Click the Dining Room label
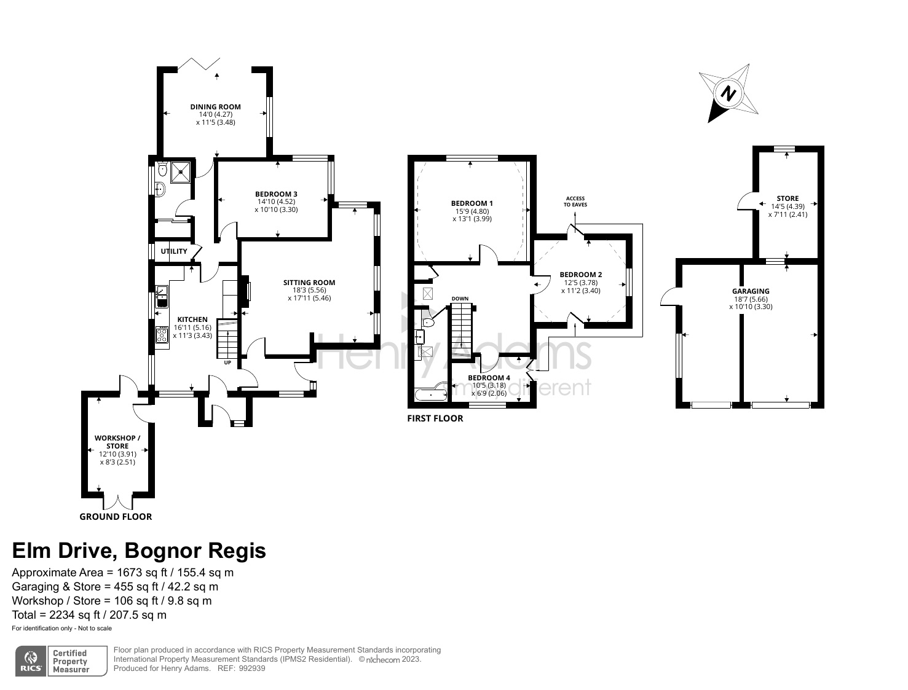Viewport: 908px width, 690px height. pos(215,107)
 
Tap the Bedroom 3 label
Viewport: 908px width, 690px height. pos(276,194)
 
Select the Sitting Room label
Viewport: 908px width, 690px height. pos(309,283)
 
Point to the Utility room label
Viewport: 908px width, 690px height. pos(174,251)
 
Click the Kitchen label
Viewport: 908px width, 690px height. pos(192,320)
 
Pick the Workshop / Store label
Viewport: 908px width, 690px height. pos(117,442)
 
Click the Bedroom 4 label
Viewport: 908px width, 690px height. pos(489,378)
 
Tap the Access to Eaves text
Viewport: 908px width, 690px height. pos(575,202)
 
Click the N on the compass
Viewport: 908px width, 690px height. pos(728,93)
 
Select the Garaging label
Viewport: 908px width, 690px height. pos(751,291)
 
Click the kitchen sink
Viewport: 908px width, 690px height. pos(161,297)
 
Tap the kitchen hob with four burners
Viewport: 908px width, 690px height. pos(162,335)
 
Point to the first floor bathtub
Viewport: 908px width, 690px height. pos(431,394)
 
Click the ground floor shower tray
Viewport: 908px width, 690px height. pos(181,172)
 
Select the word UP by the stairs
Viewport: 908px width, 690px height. pos(227,363)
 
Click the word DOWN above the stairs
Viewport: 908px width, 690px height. pos(460,299)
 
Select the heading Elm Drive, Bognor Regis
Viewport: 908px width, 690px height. pos(139,551)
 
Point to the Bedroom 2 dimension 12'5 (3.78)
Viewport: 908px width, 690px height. pos(581,283)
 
